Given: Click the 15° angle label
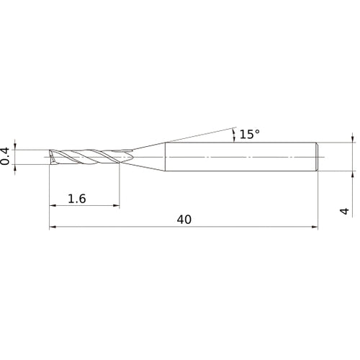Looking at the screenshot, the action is pyautogui.click(x=250, y=134).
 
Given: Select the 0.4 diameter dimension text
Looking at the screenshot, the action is pyautogui.click(x=5, y=156).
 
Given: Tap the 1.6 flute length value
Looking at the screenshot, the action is pyautogui.click(x=77, y=199).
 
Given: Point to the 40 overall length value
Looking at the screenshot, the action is pyautogui.click(x=184, y=220).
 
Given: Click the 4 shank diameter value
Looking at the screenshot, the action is pyautogui.click(x=344, y=211).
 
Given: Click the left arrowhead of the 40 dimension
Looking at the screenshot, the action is pyautogui.click(x=53, y=227).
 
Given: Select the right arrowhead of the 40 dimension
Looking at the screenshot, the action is pyautogui.click(x=315, y=227).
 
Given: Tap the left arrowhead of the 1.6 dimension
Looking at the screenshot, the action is pyautogui.click(x=53, y=205).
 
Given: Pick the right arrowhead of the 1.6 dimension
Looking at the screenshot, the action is pyautogui.click(x=116, y=205).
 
